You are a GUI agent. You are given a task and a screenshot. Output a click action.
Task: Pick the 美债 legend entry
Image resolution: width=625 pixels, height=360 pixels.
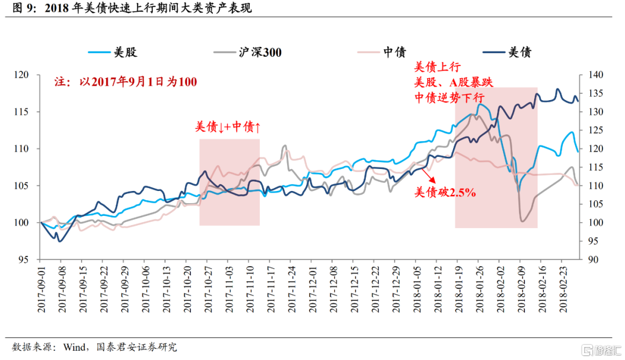tap(520, 53)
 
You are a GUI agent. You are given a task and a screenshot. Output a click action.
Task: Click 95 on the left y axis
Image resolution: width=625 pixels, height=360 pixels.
tap(25, 259)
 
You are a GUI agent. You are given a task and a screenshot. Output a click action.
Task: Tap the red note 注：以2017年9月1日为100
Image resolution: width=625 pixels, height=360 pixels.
tap(126, 82)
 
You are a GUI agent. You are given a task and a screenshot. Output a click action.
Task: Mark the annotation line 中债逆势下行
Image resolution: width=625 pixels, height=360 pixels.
tap(449, 97)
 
